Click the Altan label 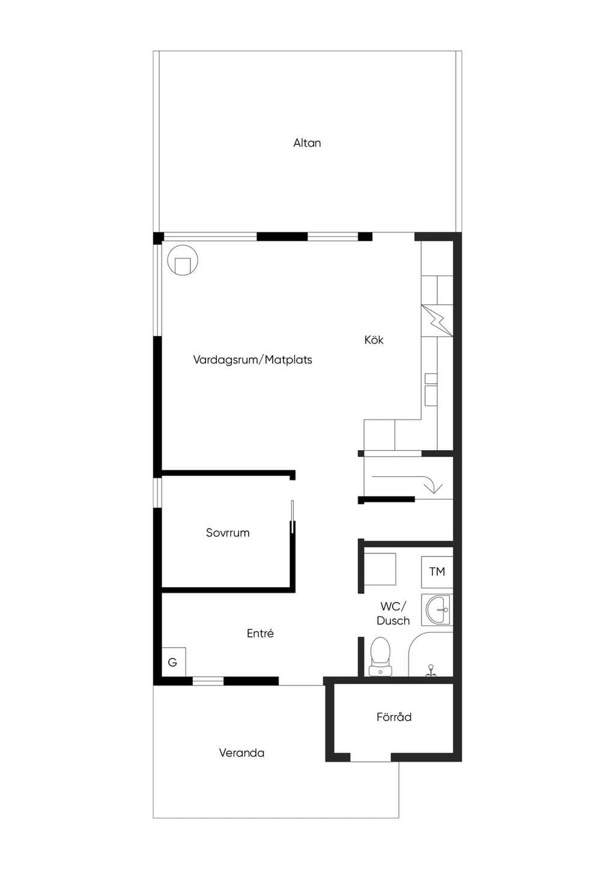click(x=307, y=143)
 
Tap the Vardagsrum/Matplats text click(x=253, y=360)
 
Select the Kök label click(x=374, y=340)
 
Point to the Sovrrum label click(x=228, y=532)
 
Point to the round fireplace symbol click(x=183, y=260)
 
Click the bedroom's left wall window click(x=157, y=493)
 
